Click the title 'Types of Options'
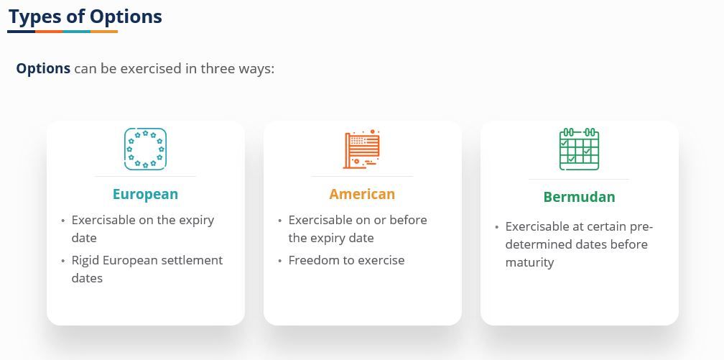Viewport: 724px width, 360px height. (x=85, y=17)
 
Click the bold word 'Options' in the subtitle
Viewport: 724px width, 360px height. (x=43, y=69)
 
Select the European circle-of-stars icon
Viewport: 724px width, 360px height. (x=145, y=149)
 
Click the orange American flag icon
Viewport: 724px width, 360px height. (x=362, y=149)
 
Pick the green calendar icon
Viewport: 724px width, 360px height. (x=579, y=149)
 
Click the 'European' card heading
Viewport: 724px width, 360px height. (x=145, y=194)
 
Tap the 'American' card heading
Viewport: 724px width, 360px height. (x=362, y=194)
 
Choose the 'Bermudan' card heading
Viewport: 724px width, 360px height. (x=579, y=197)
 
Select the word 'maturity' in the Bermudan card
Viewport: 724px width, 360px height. (x=529, y=262)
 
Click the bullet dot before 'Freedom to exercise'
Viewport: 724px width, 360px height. (x=280, y=261)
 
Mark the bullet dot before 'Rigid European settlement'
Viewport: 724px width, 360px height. (x=62, y=261)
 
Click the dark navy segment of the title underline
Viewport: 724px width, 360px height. (x=22, y=32)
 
